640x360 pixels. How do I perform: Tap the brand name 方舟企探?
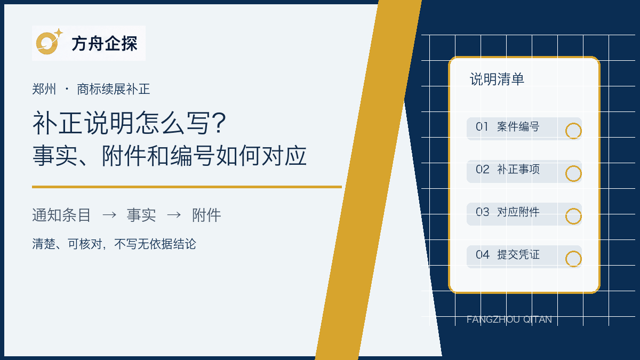105,44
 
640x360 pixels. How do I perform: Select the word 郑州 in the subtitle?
44,89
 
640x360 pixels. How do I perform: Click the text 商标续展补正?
114,89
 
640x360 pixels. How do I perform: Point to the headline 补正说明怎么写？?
130,123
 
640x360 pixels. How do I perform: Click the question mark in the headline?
219,123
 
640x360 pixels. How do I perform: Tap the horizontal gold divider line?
187,187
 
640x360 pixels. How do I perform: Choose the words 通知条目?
61,215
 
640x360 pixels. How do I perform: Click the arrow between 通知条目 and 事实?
109,214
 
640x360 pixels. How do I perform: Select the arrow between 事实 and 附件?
174,214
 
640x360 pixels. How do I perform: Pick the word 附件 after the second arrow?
206,215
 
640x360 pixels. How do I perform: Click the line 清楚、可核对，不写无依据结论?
114,244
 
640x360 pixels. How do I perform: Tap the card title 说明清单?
497,79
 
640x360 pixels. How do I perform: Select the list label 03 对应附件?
508,212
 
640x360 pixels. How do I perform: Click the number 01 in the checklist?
482,126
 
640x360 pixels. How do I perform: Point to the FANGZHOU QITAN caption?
509,319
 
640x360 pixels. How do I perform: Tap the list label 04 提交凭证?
508,254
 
